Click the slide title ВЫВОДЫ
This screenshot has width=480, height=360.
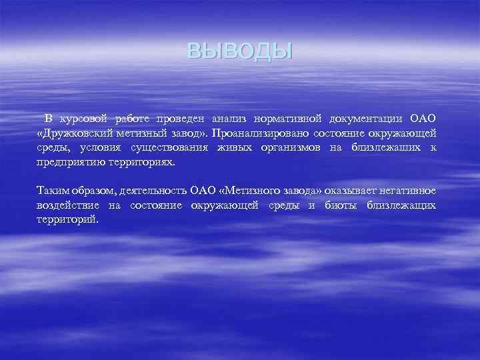(x=240, y=51)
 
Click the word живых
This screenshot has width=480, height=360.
(x=236, y=147)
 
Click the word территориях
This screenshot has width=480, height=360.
(x=143, y=162)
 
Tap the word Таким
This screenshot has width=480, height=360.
(x=53, y=191)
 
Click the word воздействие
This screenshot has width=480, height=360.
(x=69, y=205)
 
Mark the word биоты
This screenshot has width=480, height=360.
(x=341, y=205)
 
